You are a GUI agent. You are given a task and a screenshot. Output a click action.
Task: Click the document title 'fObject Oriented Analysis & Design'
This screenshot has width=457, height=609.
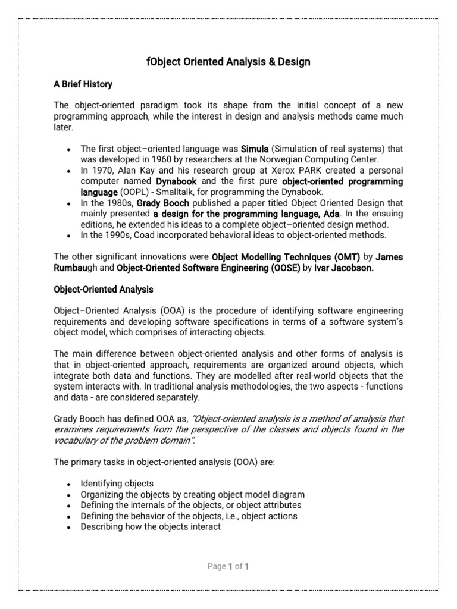click(x=228, y=62)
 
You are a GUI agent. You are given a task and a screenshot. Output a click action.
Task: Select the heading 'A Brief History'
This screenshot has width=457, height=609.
click(x=83, y=84)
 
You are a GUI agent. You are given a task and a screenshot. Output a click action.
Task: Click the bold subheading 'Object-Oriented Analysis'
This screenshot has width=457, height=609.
click(x=104, y=290)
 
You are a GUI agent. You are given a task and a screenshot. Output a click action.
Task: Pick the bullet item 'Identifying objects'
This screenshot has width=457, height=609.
click(x=117, y=484)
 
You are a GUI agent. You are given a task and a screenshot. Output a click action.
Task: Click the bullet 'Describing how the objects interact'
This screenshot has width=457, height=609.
click(x=151, y=526)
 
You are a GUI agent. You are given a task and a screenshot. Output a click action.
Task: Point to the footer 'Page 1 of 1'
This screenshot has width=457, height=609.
click(x=228, y=567)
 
